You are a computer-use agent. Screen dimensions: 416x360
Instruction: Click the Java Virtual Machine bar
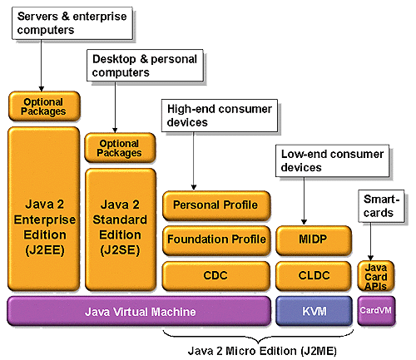139,311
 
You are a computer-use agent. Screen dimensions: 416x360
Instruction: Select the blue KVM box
314,311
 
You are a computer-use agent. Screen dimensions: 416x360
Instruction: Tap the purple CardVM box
376,310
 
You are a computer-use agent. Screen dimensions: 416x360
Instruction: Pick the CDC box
216,276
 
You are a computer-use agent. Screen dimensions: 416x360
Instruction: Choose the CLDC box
314,276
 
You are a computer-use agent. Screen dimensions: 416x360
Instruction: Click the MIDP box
314,240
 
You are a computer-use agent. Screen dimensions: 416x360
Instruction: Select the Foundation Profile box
216,240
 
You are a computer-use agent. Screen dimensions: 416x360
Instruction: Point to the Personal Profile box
216,205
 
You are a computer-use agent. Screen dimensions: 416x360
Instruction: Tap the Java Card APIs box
376,276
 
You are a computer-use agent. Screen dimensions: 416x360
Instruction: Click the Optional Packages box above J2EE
44,106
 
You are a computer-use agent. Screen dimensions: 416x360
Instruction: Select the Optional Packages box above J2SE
120,148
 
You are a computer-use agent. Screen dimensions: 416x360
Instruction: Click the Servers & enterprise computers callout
72,23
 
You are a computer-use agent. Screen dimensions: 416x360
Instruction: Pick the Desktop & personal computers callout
145,66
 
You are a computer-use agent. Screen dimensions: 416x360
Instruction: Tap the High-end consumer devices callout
220,116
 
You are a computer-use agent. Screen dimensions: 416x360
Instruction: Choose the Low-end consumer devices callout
332,160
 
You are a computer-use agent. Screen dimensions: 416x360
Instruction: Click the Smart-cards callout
381,206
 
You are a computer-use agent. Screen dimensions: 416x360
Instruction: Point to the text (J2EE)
45,250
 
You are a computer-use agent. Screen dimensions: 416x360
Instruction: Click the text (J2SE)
120,250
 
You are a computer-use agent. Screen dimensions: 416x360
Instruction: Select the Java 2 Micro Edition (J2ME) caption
262,351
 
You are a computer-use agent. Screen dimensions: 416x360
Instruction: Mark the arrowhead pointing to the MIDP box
304,222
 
